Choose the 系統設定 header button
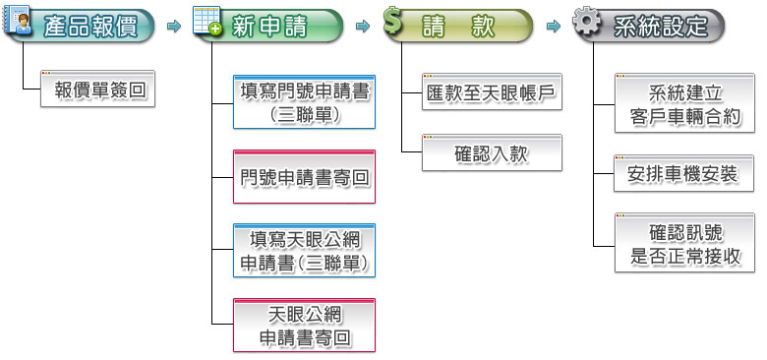click(x=660, y=27)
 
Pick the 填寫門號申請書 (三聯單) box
click(x=305, y=101)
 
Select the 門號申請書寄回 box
click(x=305, y=177)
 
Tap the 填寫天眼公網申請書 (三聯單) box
click(x=305, y=252)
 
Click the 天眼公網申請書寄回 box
click(x=305, y=327)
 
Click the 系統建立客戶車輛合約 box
click(x=684, y=105)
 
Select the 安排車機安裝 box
click(x=684, y=175)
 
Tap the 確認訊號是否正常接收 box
click(x=684, y=245)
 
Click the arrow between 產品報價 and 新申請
click(x=173, y=27)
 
